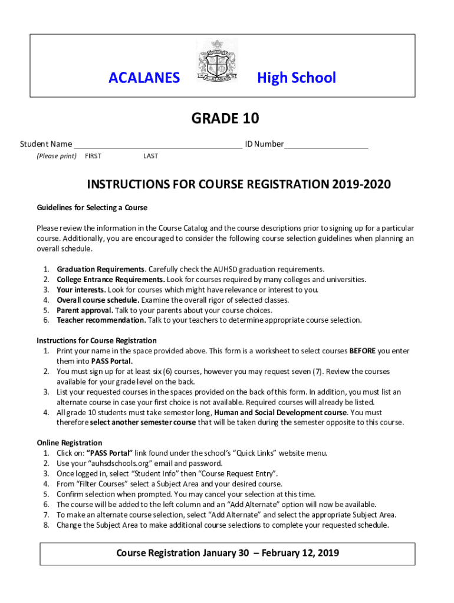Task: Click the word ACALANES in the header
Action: (144, 78)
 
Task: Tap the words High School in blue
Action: (296, 78)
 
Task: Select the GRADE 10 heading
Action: (225, 119)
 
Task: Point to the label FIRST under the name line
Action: (93, 156)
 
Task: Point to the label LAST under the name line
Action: (150, 156)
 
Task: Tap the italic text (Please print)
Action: (57, 156)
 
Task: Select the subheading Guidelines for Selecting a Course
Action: (92, 208)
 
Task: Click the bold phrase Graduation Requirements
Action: (100, 269)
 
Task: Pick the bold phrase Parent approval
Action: (85, 310)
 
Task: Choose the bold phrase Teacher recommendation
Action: (101, 320)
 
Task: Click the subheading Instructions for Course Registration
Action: (97, 340)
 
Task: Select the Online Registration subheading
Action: (70, 443)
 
